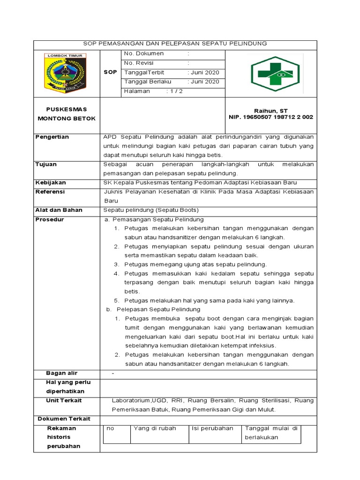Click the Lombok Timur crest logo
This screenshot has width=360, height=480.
(x=66, y=72)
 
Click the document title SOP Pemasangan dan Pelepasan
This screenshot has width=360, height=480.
(x=175, y=44)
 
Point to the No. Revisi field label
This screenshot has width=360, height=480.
(x=139, y=63)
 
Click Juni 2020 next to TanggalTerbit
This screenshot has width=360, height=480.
(x=203, y=73)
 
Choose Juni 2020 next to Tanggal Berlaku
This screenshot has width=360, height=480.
(x=203, y=82)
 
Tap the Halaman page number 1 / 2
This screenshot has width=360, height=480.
(x=174, y=91)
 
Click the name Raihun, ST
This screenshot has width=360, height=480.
(x=270, y=110)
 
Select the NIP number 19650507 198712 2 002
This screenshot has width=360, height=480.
(x=270, y=117)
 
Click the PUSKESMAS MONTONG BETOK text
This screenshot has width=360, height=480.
(x=66, y=114)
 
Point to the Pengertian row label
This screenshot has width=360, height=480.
(x=52, y=137)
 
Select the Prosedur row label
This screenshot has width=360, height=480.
(x=50, y=219)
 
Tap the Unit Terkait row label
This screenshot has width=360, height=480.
(x=64, y=400)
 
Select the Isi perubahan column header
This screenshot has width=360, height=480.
(x=212, y=428)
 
